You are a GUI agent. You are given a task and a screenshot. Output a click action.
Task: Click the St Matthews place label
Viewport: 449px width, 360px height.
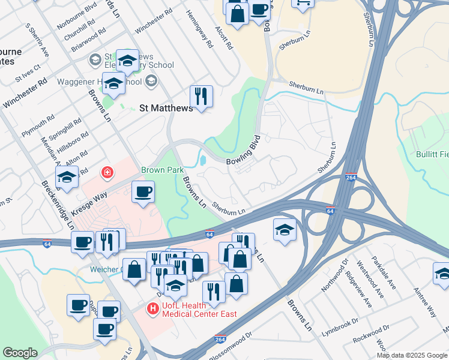tap(166, 109)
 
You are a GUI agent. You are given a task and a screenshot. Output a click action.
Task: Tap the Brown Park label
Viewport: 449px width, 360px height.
tap(162, 170)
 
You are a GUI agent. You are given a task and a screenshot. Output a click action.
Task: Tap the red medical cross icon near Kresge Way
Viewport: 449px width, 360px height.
tap(107, 173)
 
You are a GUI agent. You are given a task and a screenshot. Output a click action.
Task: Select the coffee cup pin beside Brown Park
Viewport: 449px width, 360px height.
tap(143, 192)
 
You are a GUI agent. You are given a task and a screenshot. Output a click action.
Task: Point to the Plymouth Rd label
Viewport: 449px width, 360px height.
tap(37, 127)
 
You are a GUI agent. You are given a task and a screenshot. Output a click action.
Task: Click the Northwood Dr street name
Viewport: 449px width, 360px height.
tap(334, 274)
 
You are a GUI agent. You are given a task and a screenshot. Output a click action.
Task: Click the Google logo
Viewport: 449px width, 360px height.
tap(20, 353)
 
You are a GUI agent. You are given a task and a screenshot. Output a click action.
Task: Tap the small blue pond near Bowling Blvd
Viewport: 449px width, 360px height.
tap(202, 161)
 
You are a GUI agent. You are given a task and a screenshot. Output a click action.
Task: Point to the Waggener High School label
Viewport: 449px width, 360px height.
tap(99, 82)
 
